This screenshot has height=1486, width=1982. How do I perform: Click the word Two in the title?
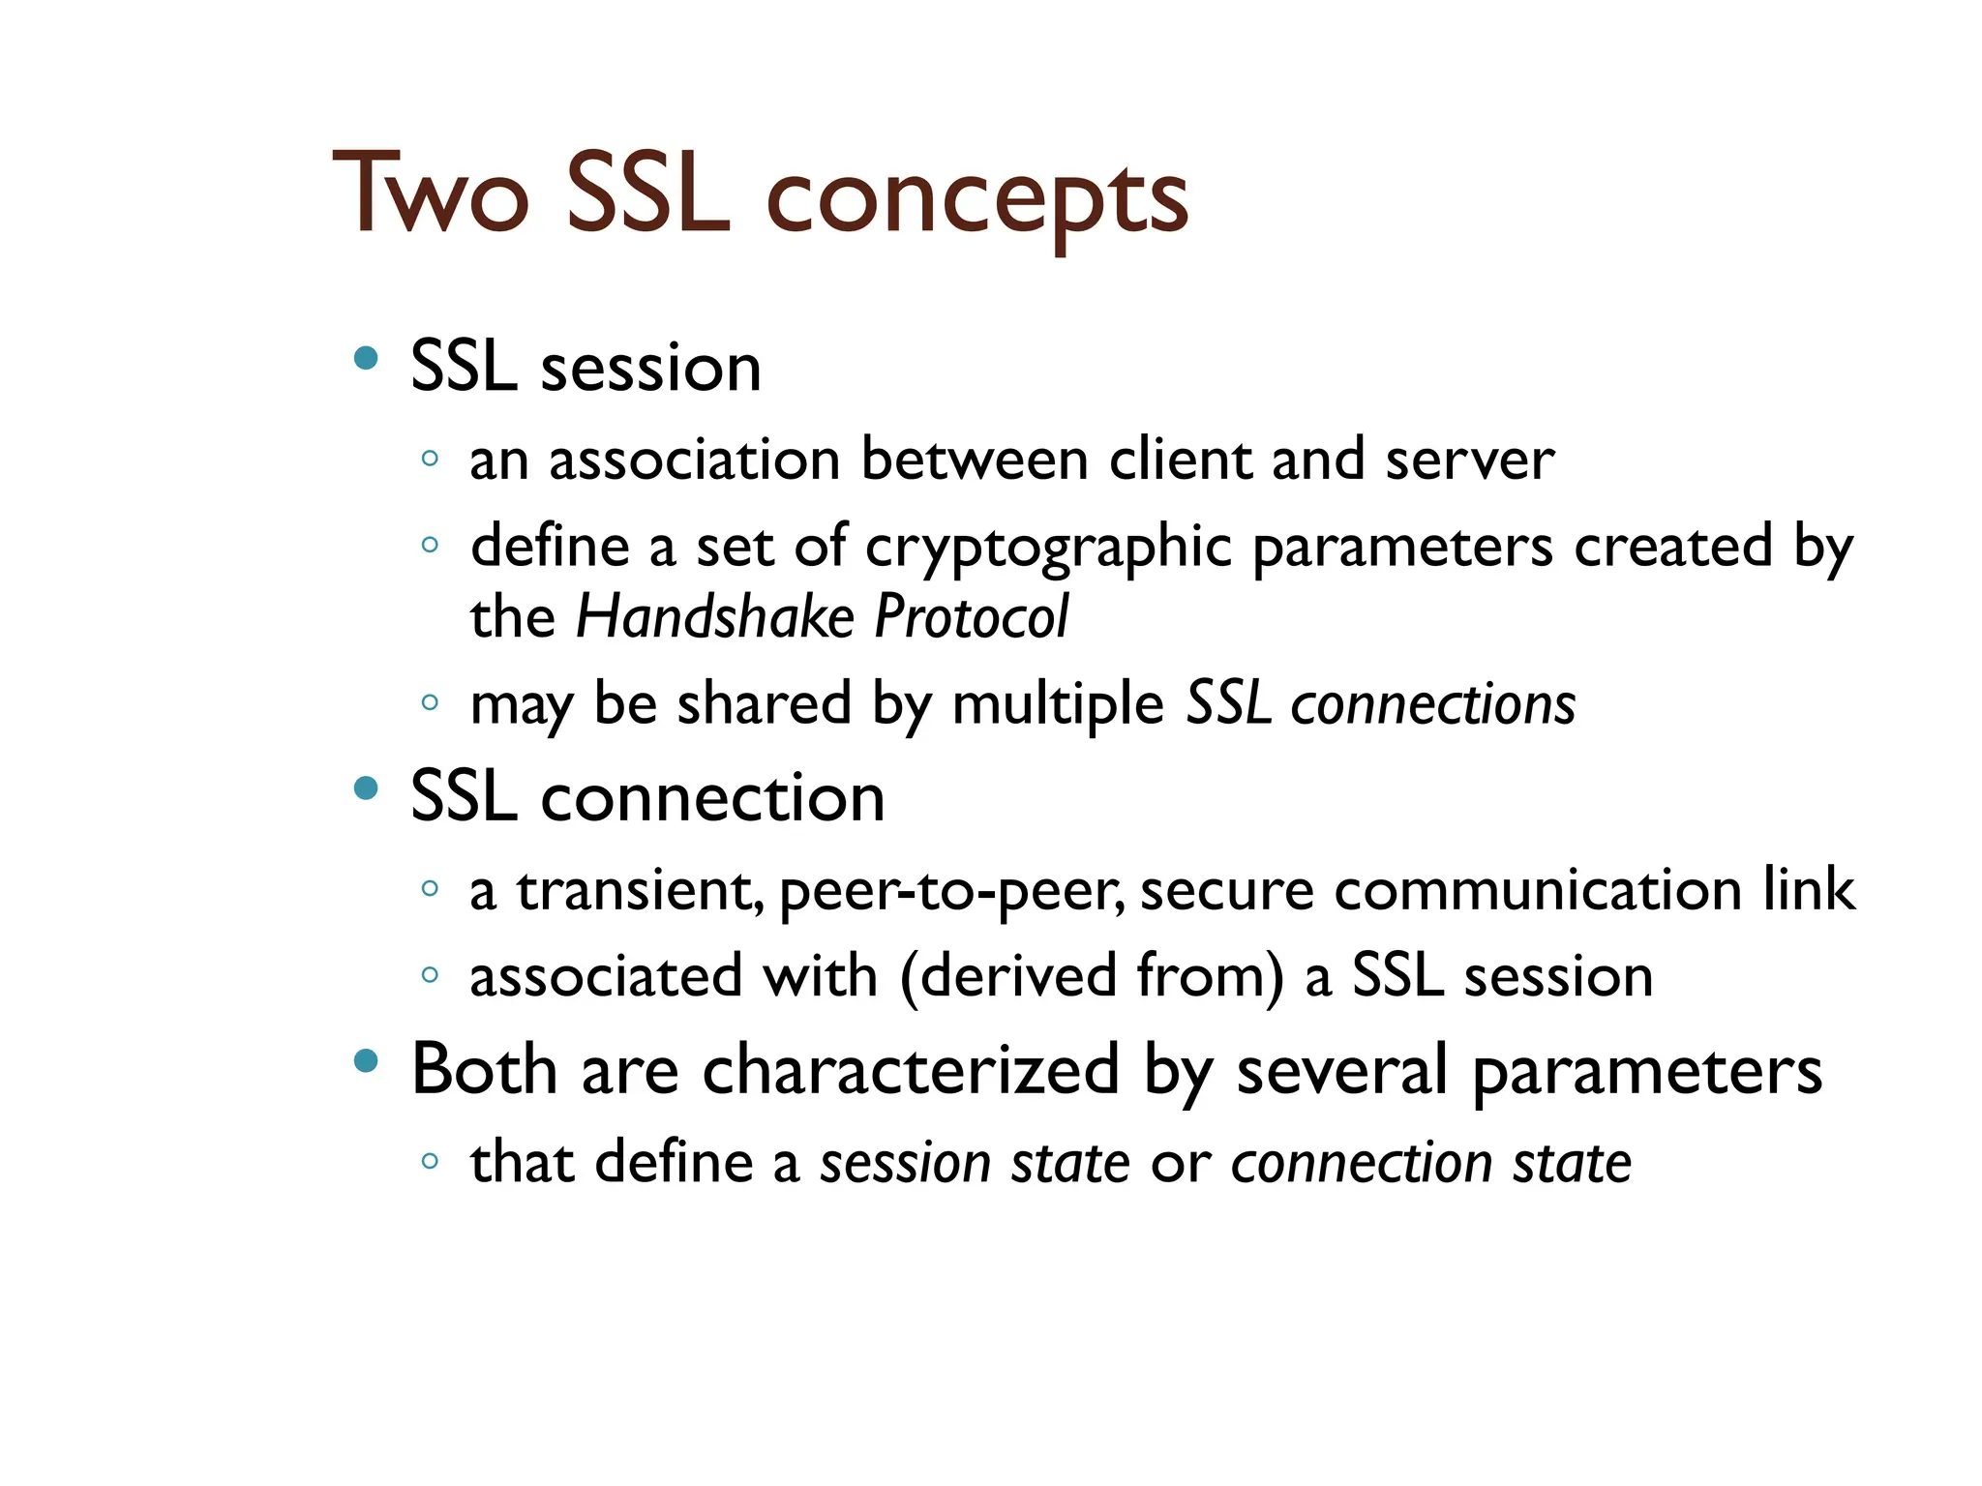coord(432,196)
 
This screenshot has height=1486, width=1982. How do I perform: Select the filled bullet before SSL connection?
coord(366,788)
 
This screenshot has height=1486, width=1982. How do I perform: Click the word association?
coord(694,460)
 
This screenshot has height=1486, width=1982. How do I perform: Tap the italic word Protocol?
coord(971,617)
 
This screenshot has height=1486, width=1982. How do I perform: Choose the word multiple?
coord(1058,704)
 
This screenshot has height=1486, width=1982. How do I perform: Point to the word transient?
coord(640,890)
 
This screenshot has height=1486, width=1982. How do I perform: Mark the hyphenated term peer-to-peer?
coord(951,892)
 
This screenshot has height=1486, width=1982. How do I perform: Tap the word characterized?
coord(911,1071)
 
